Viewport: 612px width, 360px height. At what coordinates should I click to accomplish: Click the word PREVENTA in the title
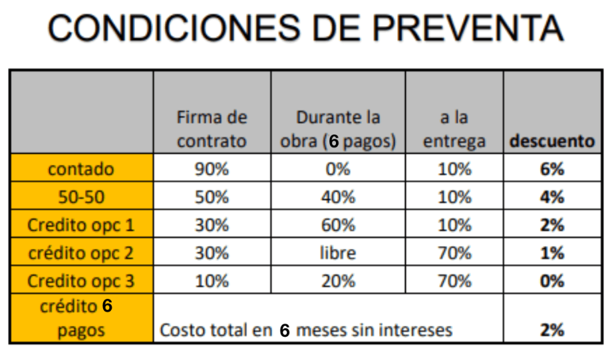pos(467,28)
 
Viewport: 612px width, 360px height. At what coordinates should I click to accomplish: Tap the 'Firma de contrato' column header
pos(212,129)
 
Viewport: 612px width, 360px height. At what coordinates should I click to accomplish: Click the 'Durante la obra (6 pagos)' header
pos(338,129)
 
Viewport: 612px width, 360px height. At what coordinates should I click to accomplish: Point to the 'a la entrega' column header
pos(454,129)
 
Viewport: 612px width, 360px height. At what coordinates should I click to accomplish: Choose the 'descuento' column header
pos(552,141)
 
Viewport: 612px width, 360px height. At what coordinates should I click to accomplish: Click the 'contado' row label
pos(80,169)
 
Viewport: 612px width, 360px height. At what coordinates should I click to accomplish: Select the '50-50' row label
pos(80,197)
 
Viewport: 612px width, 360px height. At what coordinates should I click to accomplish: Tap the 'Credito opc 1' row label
pos(80,225)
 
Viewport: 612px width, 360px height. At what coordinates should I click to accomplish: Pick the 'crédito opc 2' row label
pos(80,253)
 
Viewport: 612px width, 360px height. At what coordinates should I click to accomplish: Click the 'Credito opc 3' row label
pos(80,281)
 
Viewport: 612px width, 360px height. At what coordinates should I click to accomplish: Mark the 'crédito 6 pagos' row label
pos(80,319)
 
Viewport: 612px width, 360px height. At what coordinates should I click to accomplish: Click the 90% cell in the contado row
pos(212,169)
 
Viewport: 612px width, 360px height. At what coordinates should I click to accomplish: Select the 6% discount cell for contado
pos(552,169)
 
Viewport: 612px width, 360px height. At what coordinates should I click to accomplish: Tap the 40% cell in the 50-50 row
pos(338,197)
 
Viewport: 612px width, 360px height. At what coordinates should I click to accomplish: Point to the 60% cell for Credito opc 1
pos(338,225)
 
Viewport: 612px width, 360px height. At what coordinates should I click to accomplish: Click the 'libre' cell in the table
pos(338,253)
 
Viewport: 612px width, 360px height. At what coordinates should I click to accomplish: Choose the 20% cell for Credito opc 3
pos(338,281)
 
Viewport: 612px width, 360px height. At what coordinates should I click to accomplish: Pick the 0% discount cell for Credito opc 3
pos(552,281)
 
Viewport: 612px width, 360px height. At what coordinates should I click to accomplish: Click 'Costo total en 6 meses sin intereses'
pos(307,330)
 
